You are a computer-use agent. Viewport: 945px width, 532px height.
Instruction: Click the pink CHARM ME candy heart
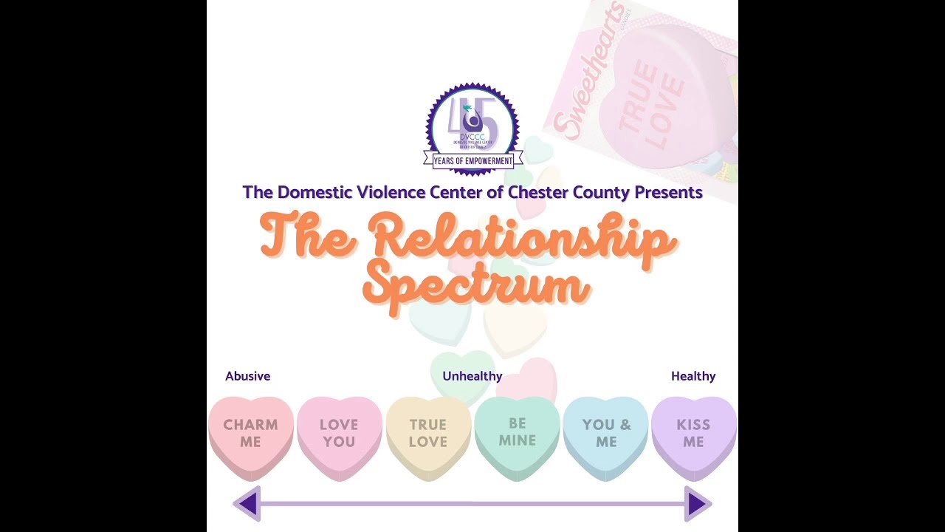[250, 434]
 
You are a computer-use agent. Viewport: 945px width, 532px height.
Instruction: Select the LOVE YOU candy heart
[339, 434]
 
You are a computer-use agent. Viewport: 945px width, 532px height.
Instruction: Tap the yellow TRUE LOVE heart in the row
[428, 434]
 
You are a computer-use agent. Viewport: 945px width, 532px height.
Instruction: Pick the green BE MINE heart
[517, 432]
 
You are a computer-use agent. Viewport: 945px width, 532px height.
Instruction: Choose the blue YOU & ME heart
[606, 434]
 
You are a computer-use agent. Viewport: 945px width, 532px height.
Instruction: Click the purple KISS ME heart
[693, 434]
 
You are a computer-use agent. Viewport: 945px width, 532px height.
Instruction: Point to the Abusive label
[248, 376]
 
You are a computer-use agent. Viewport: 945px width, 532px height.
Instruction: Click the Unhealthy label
[472, 376]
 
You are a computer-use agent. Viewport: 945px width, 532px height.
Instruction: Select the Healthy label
[693, 376]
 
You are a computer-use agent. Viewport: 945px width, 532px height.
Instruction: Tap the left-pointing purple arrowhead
[248, 504]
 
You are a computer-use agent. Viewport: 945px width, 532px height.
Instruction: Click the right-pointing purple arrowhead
[696, 504]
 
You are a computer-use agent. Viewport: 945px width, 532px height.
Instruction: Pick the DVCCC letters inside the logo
[472, 137]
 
